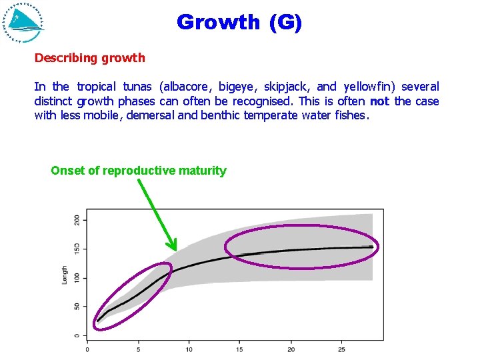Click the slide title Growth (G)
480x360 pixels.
[x=239, y=22]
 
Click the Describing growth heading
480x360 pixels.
[x=89, y=58]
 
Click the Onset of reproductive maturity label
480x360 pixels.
[x=139, y=171]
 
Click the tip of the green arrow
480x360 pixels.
[x=175, y=250]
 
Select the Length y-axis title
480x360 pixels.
[x=65, y=275]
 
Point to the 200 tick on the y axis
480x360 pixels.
[x=77, y=219]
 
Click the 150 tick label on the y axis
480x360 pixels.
[x=77, y=249]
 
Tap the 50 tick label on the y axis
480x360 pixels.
[x=77, y=307]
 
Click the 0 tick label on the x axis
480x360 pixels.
[x=87, y=349]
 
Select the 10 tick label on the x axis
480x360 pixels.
[x=189, y=349]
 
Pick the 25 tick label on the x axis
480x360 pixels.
[x=341, y=349]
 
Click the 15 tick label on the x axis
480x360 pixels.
[x=240, y=349]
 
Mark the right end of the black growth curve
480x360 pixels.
[x=372, y=247]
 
